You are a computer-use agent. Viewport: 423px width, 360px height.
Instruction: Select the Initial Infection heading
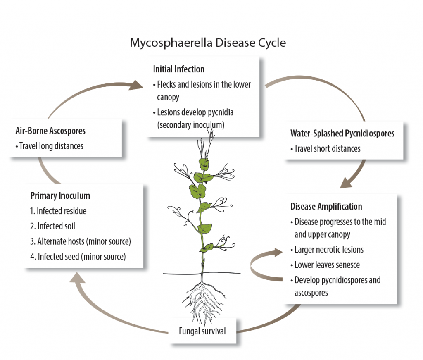click(x=178, y=69)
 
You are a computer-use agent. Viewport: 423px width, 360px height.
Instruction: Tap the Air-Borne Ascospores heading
click(x=50, y=131)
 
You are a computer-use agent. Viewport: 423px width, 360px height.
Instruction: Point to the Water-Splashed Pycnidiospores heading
click(x=342, y=134)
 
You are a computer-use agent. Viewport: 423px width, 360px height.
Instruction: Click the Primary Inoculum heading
click(x=60, y=195)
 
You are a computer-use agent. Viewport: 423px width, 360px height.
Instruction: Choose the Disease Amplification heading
click(x=326, y=206)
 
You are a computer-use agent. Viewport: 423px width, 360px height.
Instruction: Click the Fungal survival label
click(x=202, y=331)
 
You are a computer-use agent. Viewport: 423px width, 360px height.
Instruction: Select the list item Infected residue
click(x=58, y=211)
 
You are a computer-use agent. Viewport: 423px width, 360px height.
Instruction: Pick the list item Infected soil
click(x=52, y=226)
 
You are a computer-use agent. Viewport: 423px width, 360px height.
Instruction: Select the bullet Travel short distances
click(x=325, y=149)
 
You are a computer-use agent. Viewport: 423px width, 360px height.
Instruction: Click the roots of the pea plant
click(x=202, y=300)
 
